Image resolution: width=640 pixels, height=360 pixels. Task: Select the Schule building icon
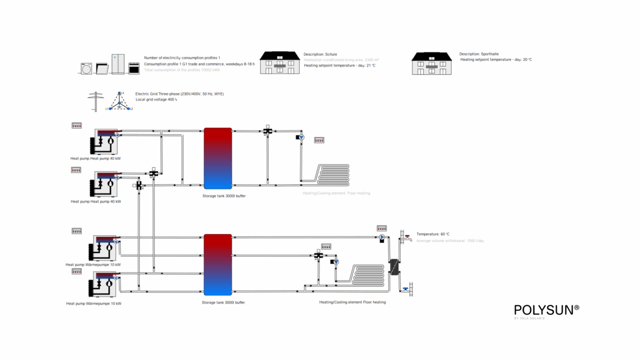[x=280, y=63]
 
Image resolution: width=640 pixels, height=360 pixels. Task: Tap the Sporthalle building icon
[x=432, y=64]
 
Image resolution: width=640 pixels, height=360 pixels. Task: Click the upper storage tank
[x=218, y=158]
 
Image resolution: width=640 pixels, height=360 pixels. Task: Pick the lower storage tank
[x=218, y=265]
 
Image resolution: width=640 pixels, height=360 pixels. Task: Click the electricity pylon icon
[x=96, y=101]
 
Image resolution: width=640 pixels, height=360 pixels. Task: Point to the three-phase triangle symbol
[x=119, y=101]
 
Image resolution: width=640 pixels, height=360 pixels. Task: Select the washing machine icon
[x=87, y=68]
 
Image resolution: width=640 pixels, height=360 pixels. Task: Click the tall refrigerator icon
[x=118, y=64]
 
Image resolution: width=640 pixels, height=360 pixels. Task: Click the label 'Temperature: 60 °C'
[x=433, y=234]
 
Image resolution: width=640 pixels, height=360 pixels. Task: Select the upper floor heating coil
[x=333, y=174]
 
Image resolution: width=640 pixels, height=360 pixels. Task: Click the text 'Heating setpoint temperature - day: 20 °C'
[x=496, y=60]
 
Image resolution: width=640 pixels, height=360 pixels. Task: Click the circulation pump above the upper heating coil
[x=301, y=137]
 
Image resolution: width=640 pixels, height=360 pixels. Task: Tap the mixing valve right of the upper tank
[x=267, y=131]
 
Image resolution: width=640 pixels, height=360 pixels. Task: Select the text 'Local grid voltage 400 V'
[x=156, y=99]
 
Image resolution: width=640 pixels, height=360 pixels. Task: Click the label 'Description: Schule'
[x=320, y=54]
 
